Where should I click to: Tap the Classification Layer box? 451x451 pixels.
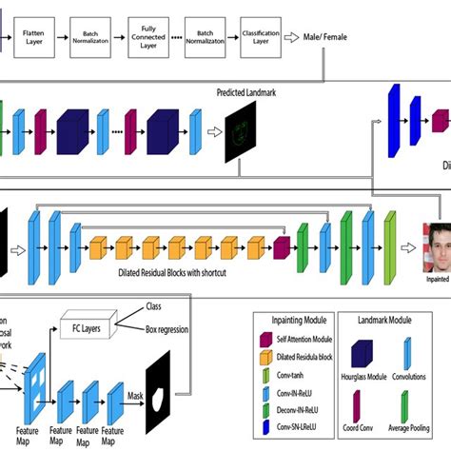[x=261, y=36]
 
